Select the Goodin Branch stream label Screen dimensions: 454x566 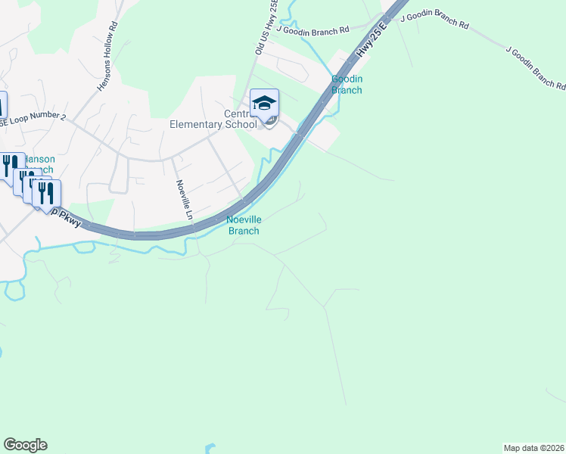pyautogui.click(x=347, y=85)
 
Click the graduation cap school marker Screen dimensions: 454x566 pyautogui.click(x=265, y=104)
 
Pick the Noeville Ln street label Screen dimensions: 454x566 pyautogui.click(x=184, y=199)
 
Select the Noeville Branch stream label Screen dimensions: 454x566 pyautogui.click(x=244, y=225)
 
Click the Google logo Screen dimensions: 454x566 pyautogui.click(x=25, y=445)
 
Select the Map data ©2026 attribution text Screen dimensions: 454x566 pyautogui.click(x=533, y=447)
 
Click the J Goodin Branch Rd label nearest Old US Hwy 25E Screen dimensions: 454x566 pyautogui.click(x=312, y=30)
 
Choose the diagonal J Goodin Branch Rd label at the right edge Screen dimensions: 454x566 pyautogui.click(x=535, y=68)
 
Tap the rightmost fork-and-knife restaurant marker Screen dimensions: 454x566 pyautogui.click(x=47, y=193)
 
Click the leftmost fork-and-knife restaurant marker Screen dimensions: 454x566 pyautogui.click(x=10, y=164)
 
